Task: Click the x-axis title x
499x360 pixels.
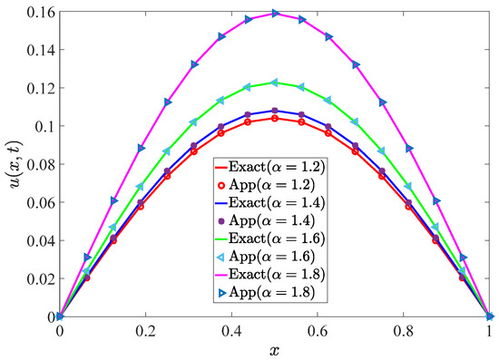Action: point(274,349)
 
